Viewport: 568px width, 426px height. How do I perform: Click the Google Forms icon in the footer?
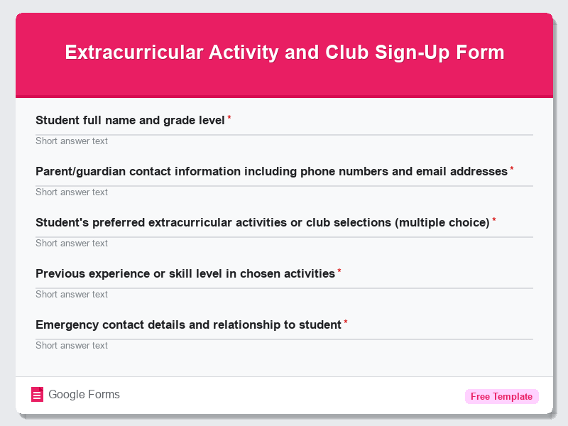click(x=38, y=395)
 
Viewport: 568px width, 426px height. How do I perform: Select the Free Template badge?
click(x=501, y=396)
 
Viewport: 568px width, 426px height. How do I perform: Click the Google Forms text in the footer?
click(x=84, y=395)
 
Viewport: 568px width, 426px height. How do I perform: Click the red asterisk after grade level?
click(x=229, y=119)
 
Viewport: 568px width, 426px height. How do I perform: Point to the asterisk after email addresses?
click(x=512, y=170)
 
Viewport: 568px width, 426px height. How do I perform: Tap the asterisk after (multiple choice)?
click(x=494, y=221)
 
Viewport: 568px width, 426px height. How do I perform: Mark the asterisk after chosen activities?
click(x=339, y=272)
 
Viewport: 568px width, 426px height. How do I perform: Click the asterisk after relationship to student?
click(x=346, y=323)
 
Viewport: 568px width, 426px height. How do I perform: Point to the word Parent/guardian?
click(x=81, y=171)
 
